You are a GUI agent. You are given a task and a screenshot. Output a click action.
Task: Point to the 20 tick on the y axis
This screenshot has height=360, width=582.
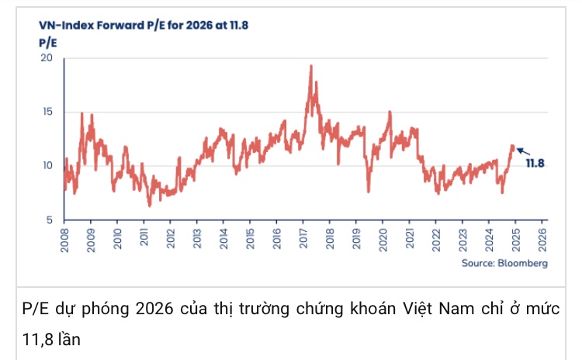point(46,58)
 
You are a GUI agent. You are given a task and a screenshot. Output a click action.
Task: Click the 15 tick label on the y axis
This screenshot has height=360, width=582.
point(46,112)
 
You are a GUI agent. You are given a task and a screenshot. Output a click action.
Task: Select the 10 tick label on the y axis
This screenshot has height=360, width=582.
point(46,165)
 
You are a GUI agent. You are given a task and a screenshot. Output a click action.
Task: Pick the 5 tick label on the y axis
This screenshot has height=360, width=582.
point(49,220)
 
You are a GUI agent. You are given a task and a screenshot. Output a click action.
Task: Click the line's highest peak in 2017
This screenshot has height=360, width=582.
point(311,67)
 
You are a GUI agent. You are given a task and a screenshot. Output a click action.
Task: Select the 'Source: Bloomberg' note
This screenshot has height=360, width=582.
point(504,264)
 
